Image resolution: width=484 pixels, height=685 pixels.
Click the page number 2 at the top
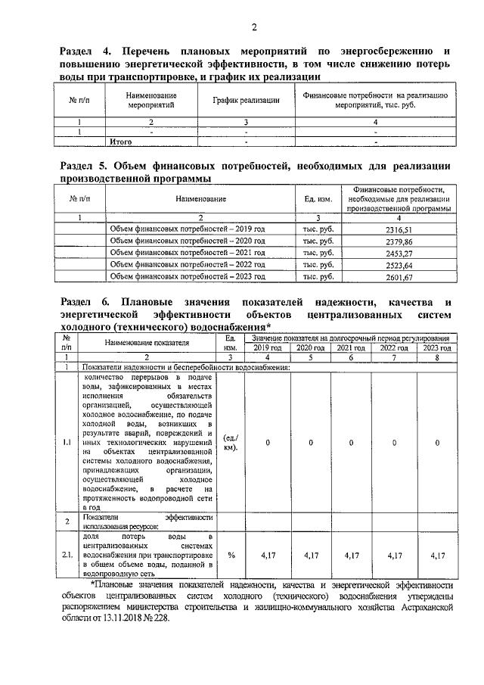(x=254, y=28)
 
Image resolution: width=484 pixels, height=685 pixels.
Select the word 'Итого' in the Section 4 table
(x=122, y=141)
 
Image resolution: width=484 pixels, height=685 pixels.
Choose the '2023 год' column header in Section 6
(x=436, y=347)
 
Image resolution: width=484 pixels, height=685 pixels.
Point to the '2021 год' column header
(x=352, y=347)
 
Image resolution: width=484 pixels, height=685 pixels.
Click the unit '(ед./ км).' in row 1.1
(x=231, y=443)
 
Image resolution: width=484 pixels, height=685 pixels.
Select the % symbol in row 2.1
(x=231, y=555)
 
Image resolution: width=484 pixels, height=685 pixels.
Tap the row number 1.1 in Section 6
(x=67, y=443)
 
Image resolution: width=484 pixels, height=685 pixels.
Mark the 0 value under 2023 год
(x=436, y=443)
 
